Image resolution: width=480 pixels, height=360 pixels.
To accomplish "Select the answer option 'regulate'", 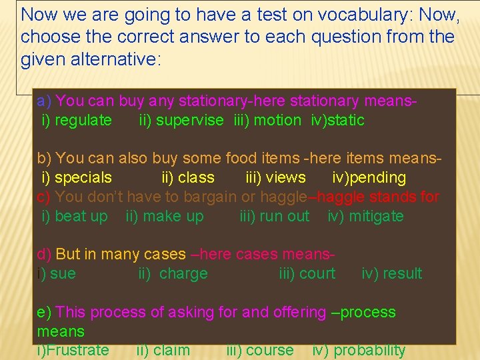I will pos(83,121).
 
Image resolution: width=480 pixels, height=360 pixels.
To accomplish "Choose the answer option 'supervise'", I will pos(189,121).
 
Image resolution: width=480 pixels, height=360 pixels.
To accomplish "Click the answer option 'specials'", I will pos(83,178).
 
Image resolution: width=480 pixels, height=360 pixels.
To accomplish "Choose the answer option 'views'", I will pos(285,178).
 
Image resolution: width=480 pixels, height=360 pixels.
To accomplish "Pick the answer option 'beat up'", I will pos(81,217).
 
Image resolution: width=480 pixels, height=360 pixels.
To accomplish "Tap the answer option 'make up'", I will pos(173,217).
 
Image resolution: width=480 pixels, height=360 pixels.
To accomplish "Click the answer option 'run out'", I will pos(285,217).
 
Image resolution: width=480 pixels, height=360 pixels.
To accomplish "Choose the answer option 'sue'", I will pos(63,274).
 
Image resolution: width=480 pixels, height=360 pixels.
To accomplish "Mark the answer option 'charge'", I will pos(183,274).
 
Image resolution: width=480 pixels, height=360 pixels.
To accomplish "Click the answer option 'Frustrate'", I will pos(76,351).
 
